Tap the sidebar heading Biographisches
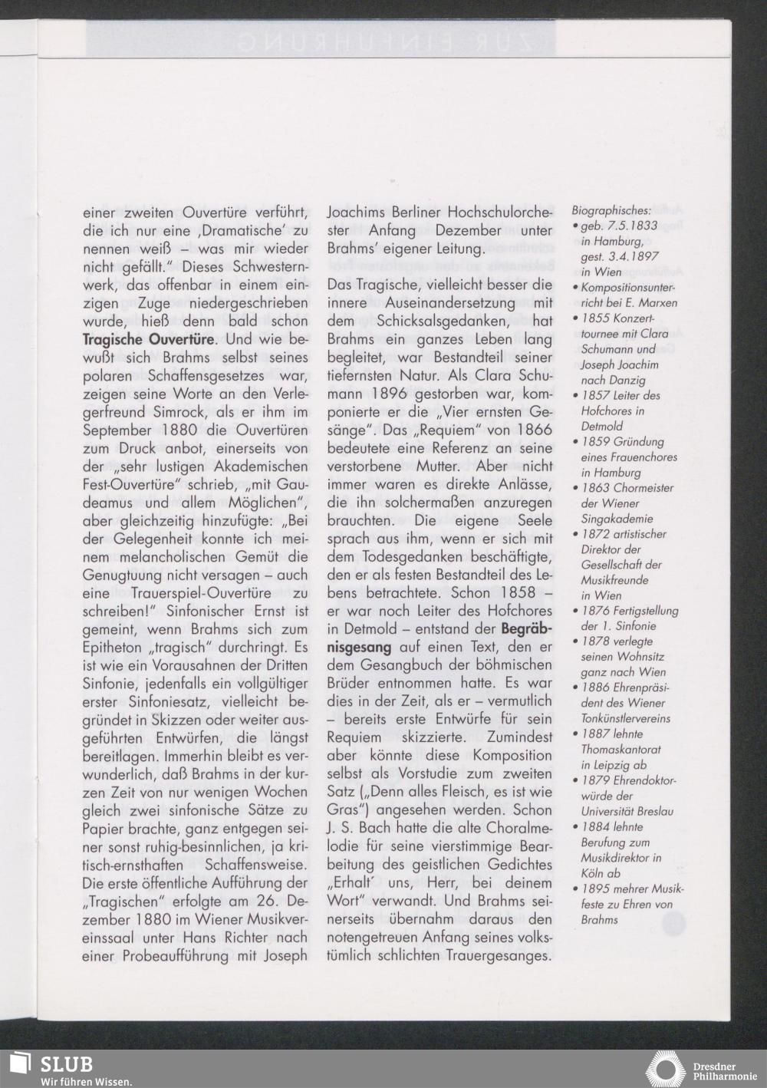611,210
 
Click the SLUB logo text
67,1063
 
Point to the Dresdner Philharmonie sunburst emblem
665,1070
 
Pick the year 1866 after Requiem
524,430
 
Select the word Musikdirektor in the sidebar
621,858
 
